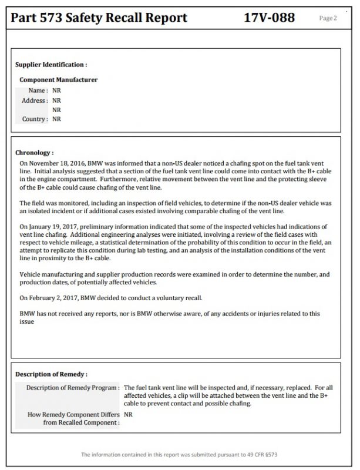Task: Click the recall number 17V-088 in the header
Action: pos(269,18)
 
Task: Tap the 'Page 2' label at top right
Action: pos(328,18)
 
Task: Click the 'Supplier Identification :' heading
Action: pos(51,65)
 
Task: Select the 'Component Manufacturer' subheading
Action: pos(58,80)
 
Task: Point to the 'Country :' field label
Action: pos(35,119)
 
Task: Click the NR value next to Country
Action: pos(56,119)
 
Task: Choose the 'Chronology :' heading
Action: pos(34,152)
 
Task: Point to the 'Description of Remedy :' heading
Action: pos(51,374)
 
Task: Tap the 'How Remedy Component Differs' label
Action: pos(73,414)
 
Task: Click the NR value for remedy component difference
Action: pos(129,414)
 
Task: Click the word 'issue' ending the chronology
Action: pos(26,321)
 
